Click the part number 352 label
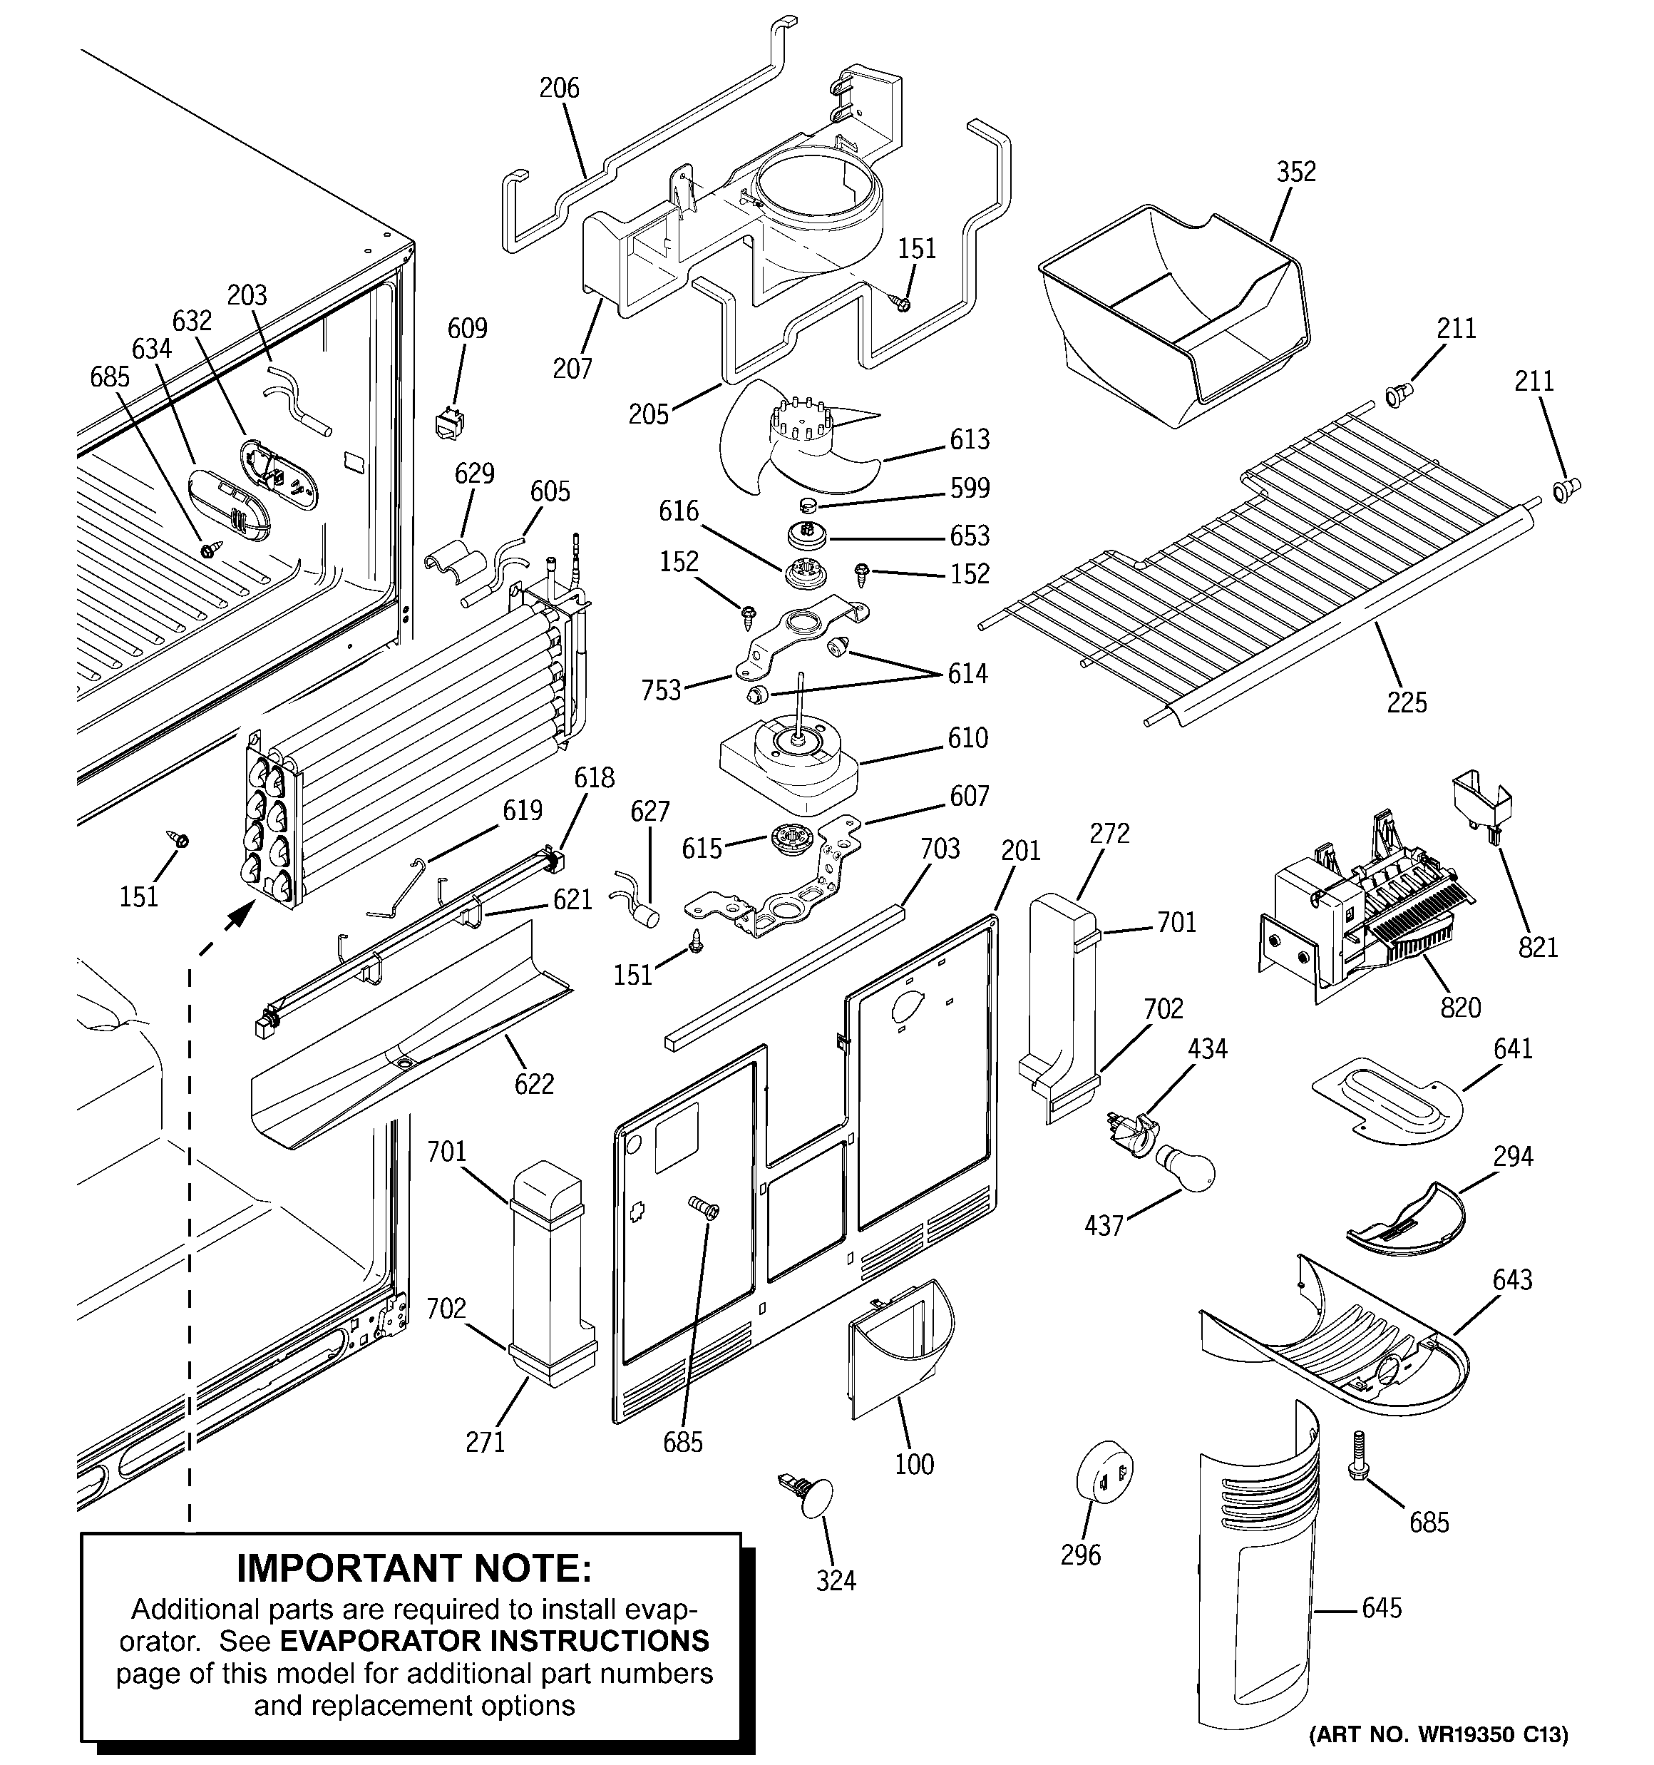[x=1295, y=171]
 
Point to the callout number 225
[x=1407, y=702]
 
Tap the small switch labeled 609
[x=450, y=424]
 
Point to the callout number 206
[x=558, y=88]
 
